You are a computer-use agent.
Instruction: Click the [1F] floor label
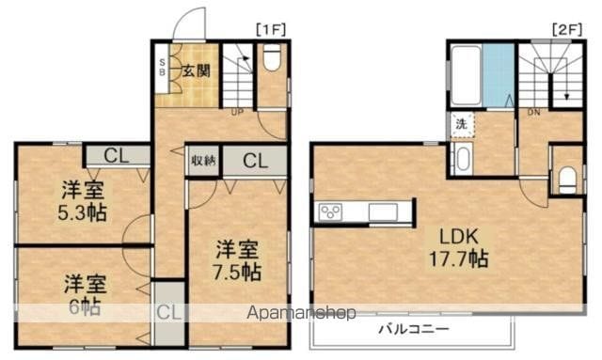[270, 29]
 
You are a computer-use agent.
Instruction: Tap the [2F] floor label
[565, 29]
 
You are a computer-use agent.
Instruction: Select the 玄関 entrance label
[196, 70]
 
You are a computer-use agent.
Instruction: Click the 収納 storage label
[203, 160]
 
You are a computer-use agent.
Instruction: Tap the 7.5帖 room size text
[237, 273]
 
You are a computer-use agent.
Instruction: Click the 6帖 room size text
[83, 306]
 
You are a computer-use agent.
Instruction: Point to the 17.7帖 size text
[458, 258]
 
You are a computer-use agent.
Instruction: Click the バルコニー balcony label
[414, 329]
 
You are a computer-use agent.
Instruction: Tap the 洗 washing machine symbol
[462, 122]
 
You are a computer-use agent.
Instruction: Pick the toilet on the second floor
[566, 179]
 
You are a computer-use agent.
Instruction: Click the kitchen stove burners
[331, 212]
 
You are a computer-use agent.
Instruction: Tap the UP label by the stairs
[238, 113]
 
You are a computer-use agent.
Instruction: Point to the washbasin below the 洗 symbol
[462, 158]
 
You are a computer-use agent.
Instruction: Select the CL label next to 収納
[255, 160]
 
